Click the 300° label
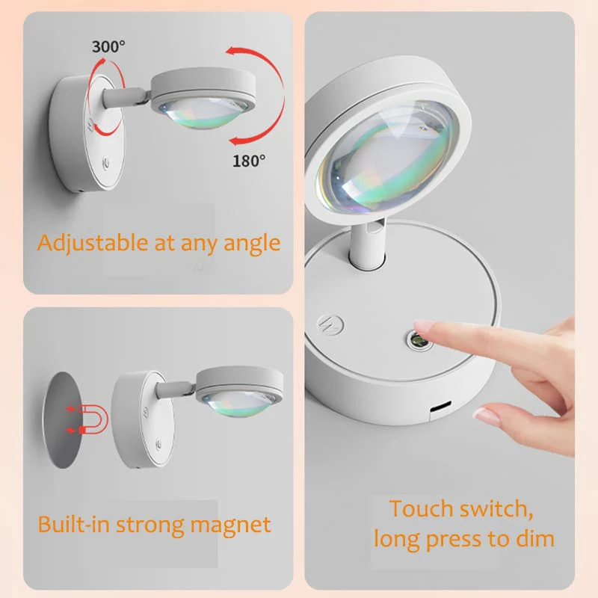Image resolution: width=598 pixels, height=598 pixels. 108,46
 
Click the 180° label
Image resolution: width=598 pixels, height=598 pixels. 249,161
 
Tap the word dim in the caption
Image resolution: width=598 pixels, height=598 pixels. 534,537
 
